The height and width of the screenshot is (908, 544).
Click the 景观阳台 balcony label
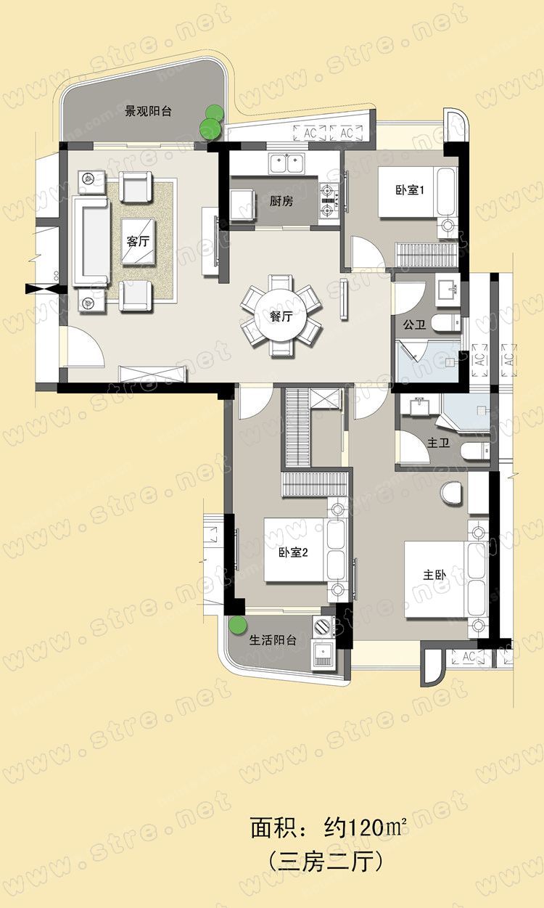148,111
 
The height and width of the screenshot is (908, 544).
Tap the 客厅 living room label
138,241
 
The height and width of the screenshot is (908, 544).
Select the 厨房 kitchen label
281,200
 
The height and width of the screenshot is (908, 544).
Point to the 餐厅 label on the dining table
281,316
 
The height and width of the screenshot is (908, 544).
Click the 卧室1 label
410,189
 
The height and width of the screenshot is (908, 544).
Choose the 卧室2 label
294,552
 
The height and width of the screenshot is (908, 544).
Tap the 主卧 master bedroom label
434,575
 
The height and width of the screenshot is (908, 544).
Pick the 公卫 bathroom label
414,324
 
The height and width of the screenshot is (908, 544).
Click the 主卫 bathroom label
438,443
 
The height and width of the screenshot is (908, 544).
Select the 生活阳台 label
273,640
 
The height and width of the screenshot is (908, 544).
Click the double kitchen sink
287,164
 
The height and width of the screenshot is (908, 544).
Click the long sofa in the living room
91,242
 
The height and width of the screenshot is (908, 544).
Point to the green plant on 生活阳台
237,625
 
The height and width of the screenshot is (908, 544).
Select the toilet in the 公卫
445,324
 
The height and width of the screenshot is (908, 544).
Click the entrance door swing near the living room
83,348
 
